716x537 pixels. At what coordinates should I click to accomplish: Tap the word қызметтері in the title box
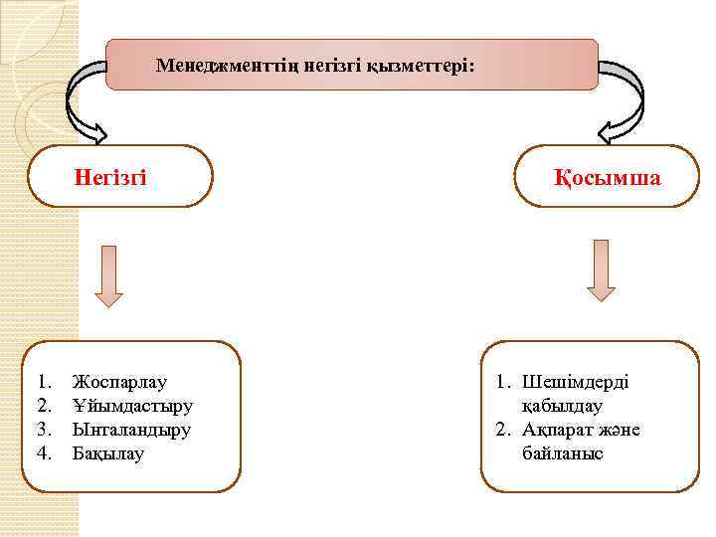click(x=419, y=66)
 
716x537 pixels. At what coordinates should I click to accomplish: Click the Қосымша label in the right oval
click(x=608, y=177)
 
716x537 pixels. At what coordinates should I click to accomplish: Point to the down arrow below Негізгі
click(x=107, y=275)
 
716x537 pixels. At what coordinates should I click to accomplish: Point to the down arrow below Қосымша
click(x=602, y=268)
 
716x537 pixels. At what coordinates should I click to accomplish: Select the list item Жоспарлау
click(x=120, y=382)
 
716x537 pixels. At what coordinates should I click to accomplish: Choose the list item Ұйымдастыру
click(x=132, y=406)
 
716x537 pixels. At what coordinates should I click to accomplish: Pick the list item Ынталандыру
click(x=131, y=430)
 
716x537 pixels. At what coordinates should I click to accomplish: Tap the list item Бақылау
click(x=108, y=453)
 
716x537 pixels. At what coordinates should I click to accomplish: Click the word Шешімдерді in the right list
click(x=576, y=382)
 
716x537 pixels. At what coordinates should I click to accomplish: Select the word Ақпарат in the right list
click(x=559, y=430)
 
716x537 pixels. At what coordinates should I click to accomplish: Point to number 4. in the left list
click(x=44, y=453)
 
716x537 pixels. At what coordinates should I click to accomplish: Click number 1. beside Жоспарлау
click(x=44, y=382)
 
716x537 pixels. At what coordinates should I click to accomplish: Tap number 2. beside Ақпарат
click(x=503, y=430)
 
